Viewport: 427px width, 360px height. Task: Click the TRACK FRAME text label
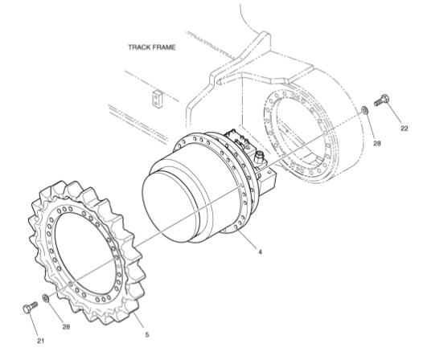[151, 47]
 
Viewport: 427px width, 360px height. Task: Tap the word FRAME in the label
[164, 47]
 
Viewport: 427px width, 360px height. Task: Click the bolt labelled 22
[381, 102]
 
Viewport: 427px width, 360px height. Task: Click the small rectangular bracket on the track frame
[156, 97]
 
